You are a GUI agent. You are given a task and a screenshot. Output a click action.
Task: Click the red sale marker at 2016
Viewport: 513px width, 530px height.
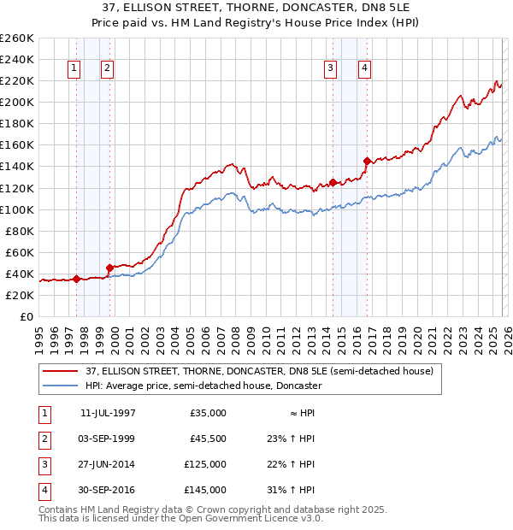coord(367,161)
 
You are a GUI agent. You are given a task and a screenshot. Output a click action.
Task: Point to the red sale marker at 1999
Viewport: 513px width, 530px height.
coord(109,268)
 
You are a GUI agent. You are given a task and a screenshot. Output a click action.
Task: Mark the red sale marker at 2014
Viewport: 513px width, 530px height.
coord(333,182)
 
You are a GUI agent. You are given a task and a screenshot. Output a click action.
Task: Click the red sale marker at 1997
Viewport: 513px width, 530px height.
coord(77,279)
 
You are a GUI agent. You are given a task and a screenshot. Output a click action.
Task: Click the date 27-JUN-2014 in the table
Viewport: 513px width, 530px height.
coord(108,464)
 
